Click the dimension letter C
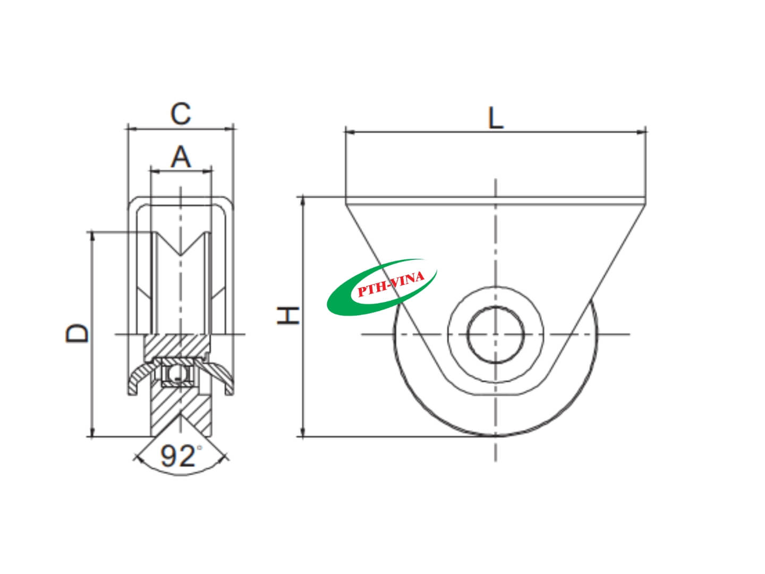[181, 113]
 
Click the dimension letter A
[181, 157]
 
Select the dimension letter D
[78, 333]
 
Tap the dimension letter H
[288, 316]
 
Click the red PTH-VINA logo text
[390, 284]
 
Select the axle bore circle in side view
[496, 334]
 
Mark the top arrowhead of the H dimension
[303, 200]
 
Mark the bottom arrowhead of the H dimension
[303, 433]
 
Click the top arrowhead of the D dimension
[92, 234]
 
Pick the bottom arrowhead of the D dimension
[92, 433]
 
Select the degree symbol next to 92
[200, 448]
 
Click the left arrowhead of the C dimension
[131, 128]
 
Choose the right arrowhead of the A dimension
[209, 171]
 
